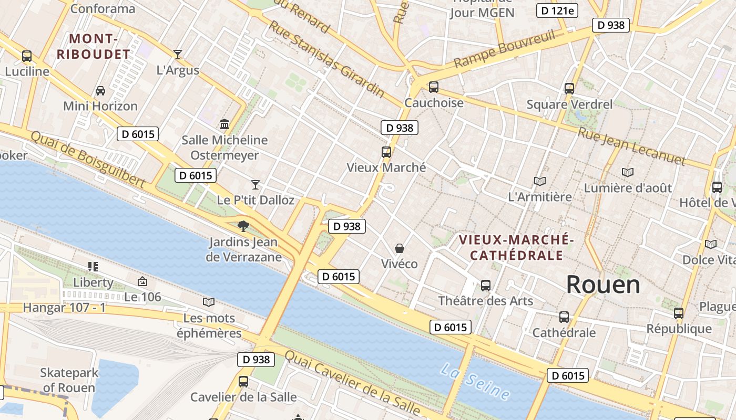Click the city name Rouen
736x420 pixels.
point(603,285)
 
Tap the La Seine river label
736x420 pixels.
point(475,382)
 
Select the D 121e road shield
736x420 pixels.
point(557,10)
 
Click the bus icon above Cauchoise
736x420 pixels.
point(433,87)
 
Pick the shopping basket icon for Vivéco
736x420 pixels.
point(400,248)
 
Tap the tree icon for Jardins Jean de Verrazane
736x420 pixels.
point(243,226)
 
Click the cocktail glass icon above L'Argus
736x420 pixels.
point(178,55)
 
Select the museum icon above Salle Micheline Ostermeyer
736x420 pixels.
point(224,124)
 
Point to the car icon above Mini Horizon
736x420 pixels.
point(100,91)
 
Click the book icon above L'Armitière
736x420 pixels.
point(539,182)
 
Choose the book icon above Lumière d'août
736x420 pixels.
point(627,172)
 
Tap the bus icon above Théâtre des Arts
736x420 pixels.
point(485,286)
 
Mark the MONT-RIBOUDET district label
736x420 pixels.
point(93,46)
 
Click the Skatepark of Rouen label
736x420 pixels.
point(69,381)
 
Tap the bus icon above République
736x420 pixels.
point(679,313)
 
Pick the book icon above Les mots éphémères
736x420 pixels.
point(209,302)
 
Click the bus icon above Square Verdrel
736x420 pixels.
point(569,89)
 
